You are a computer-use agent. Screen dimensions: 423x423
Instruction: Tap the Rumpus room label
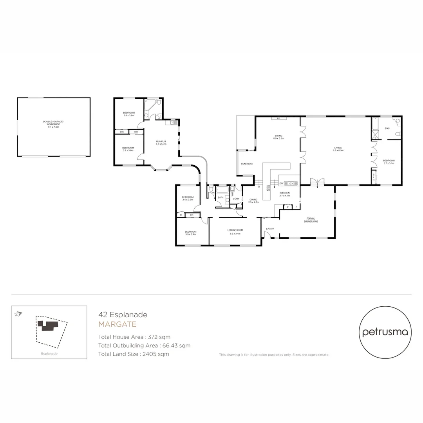(161, 142)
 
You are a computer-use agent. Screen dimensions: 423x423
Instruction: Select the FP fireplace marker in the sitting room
(278, 118)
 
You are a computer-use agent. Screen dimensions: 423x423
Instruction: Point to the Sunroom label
(247, 164)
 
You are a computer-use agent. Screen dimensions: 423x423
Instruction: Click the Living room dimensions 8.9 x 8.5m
(338, 150)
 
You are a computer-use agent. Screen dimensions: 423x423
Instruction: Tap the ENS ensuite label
(387, 128)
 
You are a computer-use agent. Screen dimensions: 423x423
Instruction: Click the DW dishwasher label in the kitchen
(281, 183)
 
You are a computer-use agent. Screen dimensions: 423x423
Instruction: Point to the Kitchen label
(284, 193)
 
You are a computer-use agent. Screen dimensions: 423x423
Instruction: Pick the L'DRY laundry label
(236, 199)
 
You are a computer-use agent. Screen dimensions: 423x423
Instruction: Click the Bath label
(221, 197)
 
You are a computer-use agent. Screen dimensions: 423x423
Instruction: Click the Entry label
(270, 229)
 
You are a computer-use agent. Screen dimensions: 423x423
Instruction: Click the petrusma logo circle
(385, 333)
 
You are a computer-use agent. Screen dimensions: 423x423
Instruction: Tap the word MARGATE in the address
(117, 324)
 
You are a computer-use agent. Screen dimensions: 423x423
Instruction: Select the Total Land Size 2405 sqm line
(134, 354)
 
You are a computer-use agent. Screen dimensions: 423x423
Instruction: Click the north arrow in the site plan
(18, 314)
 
